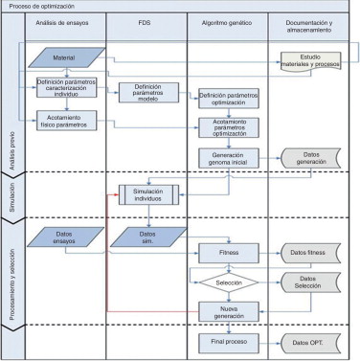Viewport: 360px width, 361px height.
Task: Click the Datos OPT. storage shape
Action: coord(307,342)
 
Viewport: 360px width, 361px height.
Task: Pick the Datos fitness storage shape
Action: coord(307,253)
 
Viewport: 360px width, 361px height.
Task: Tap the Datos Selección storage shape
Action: coord(307,283)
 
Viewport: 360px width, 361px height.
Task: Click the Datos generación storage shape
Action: coord(307,159)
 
